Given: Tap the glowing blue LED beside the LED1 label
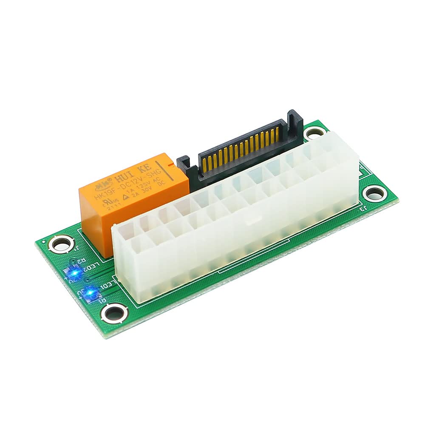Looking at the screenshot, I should click(90, 292).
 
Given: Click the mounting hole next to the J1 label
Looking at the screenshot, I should click(60, 244).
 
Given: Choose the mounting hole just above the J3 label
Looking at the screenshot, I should click(374, 193).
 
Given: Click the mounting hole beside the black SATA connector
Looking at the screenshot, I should click(314, 134).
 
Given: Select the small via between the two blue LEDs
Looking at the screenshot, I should click(79, 280).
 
